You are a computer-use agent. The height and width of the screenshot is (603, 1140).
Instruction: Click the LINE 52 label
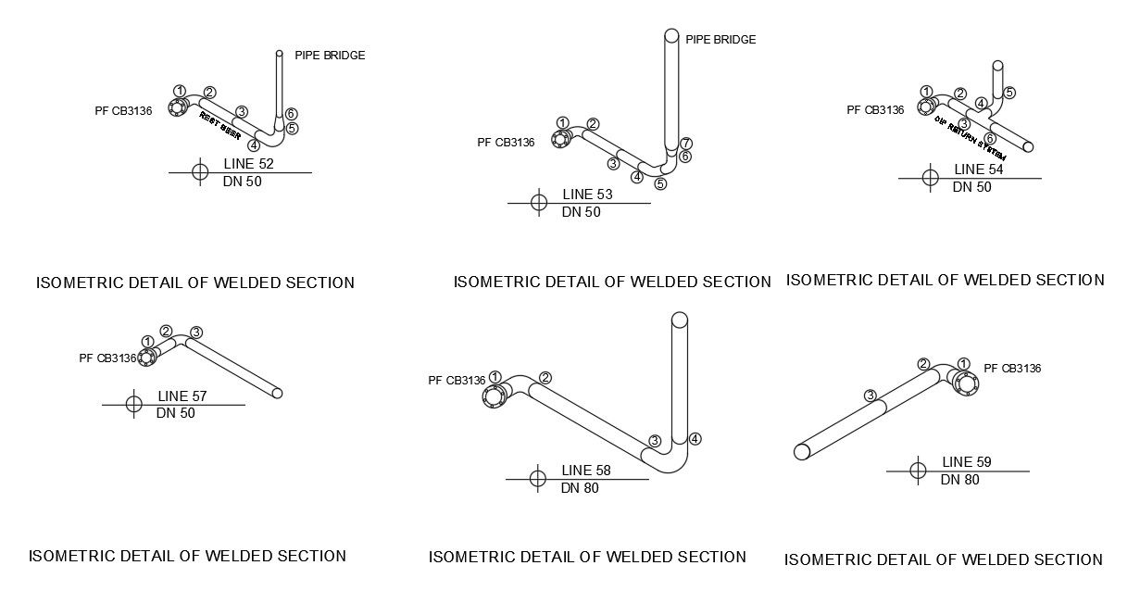click(248, 164)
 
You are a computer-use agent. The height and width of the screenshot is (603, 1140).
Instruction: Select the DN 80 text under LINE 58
click(580, 488)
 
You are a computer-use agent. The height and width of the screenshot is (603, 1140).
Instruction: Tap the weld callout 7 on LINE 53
click(686, 143)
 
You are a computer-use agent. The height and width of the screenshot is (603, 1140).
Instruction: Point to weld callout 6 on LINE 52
click(291, 113)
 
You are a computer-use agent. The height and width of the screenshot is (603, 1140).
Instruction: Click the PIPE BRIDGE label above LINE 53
click(720, 40)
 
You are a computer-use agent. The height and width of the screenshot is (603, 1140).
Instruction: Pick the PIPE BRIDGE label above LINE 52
click(330, 56)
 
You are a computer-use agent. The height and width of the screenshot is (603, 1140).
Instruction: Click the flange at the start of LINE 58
click(494, 396)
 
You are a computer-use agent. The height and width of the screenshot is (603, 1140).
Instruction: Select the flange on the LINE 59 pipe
click(966, 384)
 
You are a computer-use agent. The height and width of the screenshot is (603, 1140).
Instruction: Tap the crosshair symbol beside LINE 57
click(133, 404)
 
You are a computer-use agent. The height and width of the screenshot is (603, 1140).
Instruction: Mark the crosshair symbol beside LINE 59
click(918, 471)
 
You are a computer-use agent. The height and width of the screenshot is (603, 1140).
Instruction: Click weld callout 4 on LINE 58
click(695, 438)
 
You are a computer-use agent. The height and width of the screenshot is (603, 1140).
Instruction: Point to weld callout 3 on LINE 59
click(871, 396)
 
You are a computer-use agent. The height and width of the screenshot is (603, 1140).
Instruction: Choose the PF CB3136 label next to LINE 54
click(875, 110)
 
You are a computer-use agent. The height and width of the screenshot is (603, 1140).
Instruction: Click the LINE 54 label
click(979, 170)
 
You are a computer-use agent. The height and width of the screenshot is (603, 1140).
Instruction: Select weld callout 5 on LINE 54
click(1009, 93)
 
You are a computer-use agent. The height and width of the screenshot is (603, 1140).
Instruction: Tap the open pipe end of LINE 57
click(277, 394)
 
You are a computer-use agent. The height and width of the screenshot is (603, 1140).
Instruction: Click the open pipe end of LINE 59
click(802, 451)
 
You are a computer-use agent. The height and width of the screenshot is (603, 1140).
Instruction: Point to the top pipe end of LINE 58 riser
click(679, 320)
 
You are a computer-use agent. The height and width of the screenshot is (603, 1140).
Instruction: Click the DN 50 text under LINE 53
click(581, 212)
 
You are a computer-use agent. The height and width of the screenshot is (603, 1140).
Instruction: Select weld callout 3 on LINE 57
click(196, 333)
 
